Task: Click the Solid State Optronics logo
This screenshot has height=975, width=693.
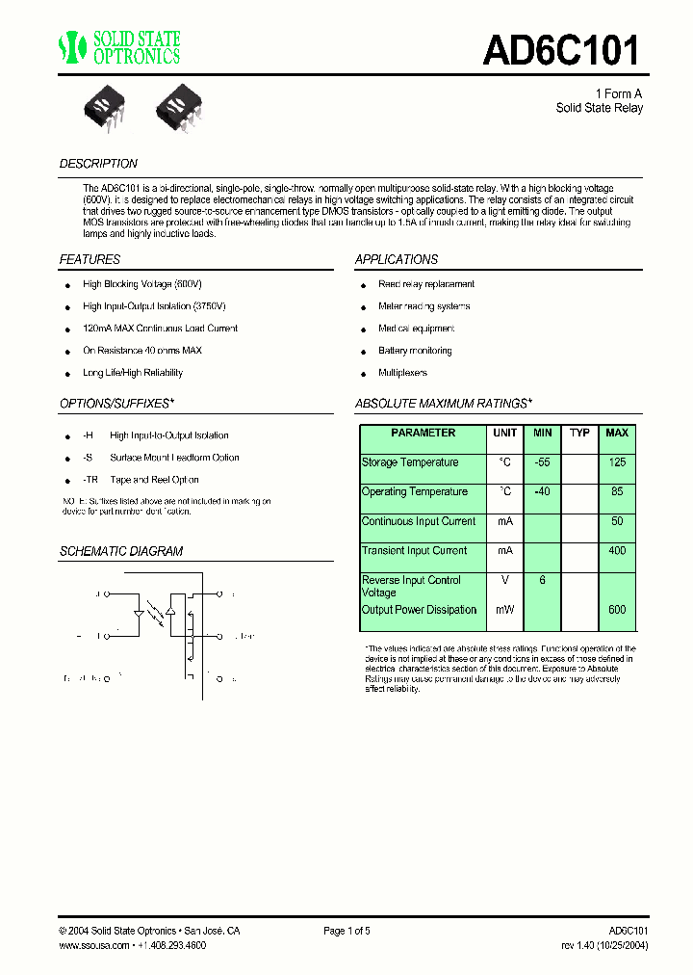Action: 119,47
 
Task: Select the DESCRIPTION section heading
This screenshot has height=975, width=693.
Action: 98,164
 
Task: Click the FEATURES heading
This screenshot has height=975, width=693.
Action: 90,259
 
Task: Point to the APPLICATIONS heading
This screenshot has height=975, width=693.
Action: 397,259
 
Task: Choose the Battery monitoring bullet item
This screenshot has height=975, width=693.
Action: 415,351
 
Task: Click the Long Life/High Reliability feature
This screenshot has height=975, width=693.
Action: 133,373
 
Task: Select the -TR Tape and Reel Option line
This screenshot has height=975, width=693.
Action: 141,480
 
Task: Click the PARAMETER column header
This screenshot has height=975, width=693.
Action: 423,434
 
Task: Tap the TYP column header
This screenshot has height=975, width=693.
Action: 579,434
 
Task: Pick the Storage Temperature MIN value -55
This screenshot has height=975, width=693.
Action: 543,462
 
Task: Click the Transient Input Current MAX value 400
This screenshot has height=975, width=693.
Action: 617,551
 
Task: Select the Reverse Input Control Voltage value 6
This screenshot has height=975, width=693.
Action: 543,580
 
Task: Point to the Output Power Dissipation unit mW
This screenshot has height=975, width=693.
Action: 505,610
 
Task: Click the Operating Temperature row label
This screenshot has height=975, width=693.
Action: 415,492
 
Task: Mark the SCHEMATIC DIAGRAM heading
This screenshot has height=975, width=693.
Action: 121,552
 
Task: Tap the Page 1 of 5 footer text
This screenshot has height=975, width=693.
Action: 346,931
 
